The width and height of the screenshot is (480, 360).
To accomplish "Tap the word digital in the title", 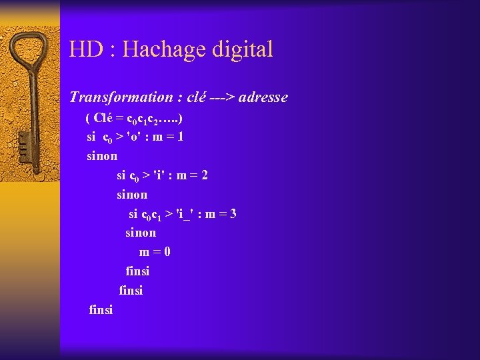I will [243, 49].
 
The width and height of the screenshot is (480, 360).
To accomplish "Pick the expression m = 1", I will [168, 137].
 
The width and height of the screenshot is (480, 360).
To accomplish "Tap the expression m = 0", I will [155, 252].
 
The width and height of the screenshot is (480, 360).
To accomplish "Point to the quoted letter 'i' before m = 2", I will [160, 175].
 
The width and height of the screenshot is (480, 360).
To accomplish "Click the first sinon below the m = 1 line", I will [102, 157].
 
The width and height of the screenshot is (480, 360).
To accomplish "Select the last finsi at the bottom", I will [101, 309].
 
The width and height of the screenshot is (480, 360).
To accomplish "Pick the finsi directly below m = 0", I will [137, 271].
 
